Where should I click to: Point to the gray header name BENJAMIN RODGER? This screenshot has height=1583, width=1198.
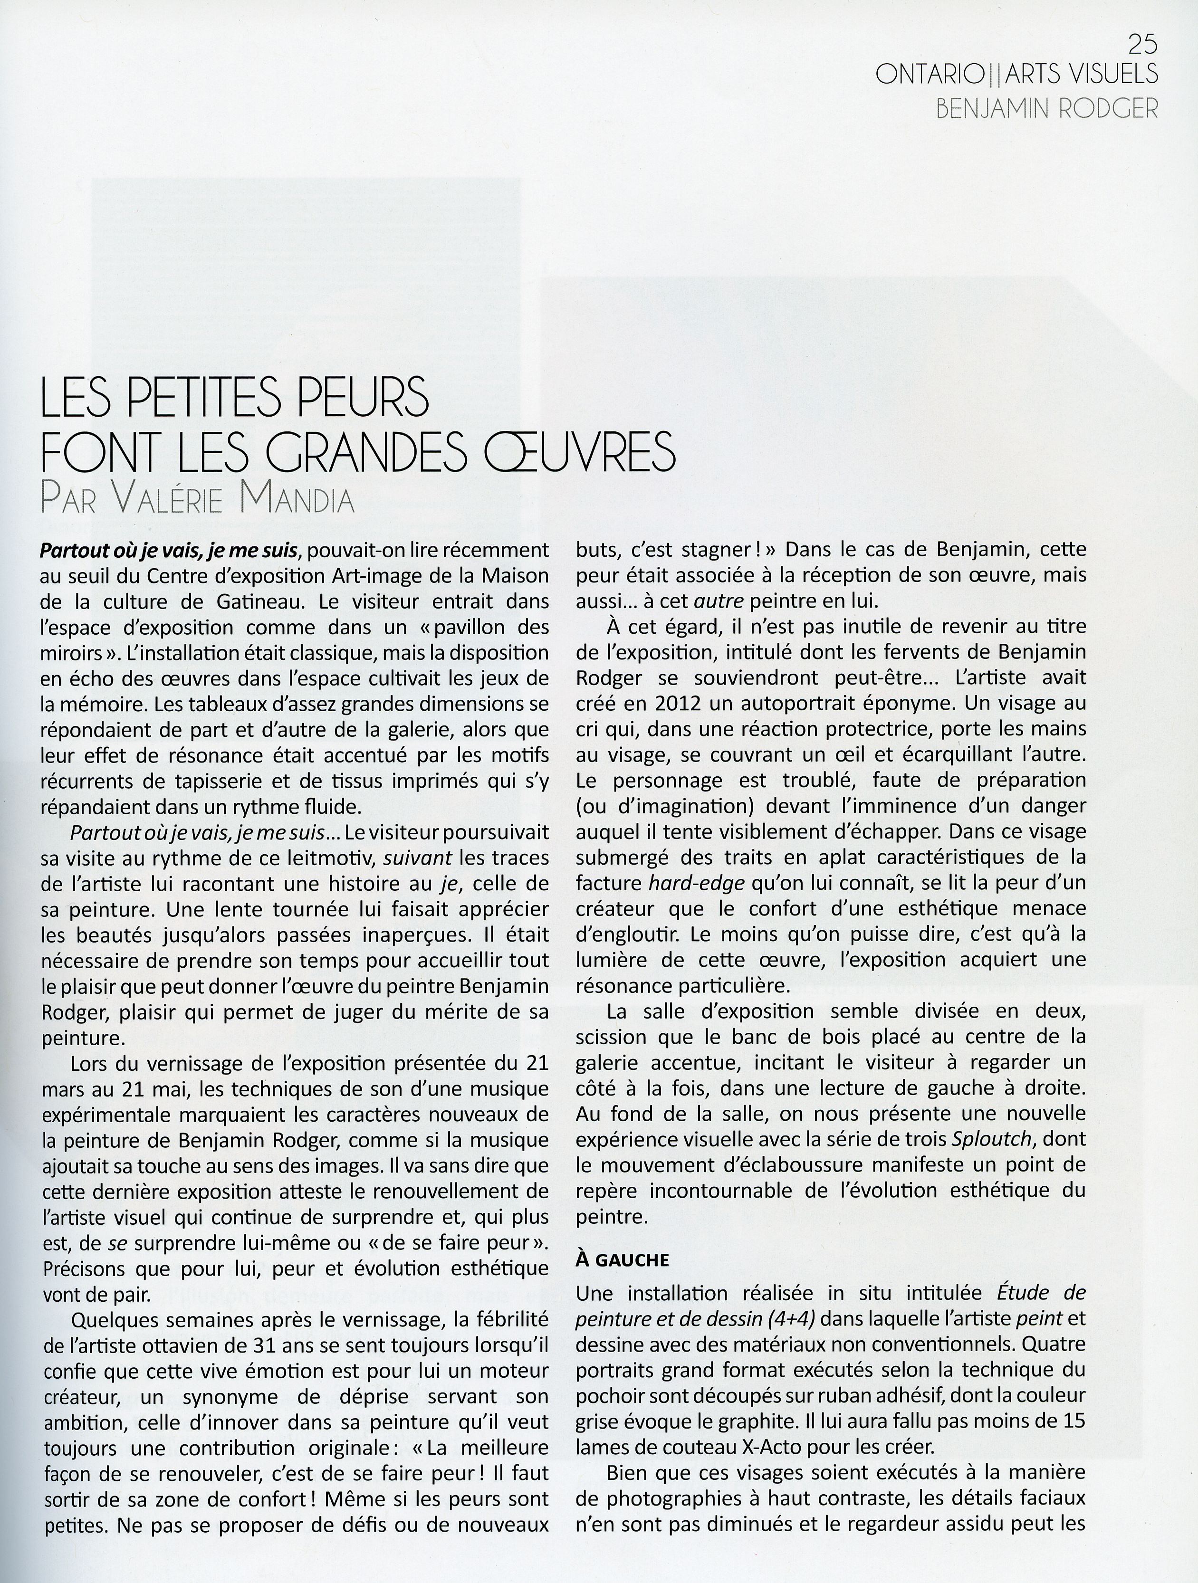(x=1046, y=109)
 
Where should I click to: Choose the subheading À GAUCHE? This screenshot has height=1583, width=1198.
(x=623, y=1260)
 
